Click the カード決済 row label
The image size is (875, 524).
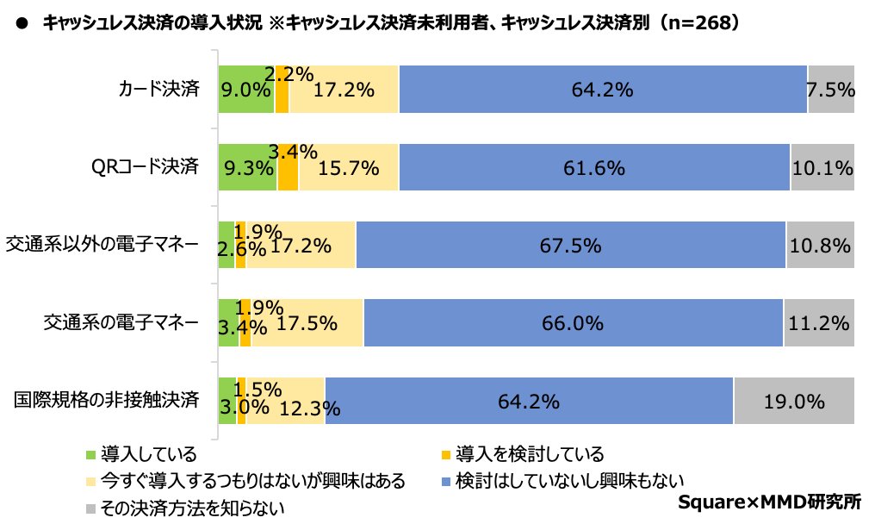159,89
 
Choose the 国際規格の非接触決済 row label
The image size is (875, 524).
107,401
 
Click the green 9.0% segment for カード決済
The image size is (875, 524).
245,89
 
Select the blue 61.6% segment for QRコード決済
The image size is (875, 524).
594,167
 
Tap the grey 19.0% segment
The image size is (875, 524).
793,401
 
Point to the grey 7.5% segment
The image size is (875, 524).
830,89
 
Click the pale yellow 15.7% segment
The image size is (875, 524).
348,167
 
